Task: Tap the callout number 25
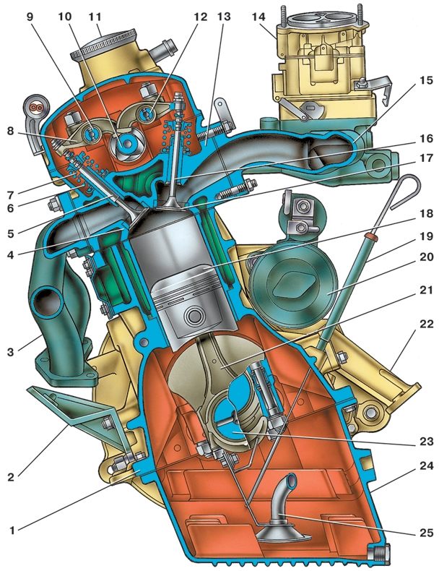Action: (x=426, y=533)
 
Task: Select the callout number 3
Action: (x=10, y=352)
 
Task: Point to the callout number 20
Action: (x=426, y=257)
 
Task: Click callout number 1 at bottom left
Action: (x=12, y=531)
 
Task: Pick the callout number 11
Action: (x=95, y=17)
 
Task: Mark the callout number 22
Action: (x=426, y=324)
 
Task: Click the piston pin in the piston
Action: (x=193, y=314)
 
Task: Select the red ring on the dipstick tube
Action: (x=371, y=236)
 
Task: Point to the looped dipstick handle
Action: (x=404, y=192)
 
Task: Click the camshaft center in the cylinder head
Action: (x=126, y=143)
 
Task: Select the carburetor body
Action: (x=323, y=70)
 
